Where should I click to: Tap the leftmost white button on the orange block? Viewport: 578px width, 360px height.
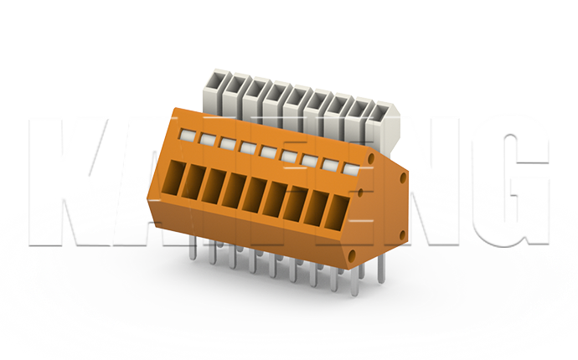[x=186, y=133]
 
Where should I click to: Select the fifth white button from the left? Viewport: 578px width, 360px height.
[x=266, y=151]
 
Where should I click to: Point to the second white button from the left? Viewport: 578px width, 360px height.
[x=206, y=137]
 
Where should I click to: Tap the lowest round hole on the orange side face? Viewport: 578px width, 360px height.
[x=354, y=251]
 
